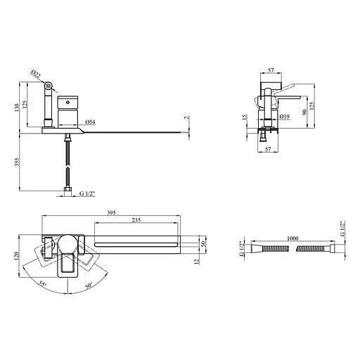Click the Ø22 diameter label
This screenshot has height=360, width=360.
point(36,74)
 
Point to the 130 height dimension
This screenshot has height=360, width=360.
point(17,108)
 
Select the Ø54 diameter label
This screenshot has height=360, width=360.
point(91,122)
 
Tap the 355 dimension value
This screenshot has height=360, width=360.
point(17,162)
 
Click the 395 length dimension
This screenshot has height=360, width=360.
point(111,212)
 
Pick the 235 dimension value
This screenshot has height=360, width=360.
point(136,220)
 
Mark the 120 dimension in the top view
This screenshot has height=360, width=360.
point(16,256)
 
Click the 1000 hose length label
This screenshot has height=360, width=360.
point(292,238)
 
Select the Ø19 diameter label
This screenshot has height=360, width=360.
point(285,116)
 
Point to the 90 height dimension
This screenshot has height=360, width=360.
point(304,112)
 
